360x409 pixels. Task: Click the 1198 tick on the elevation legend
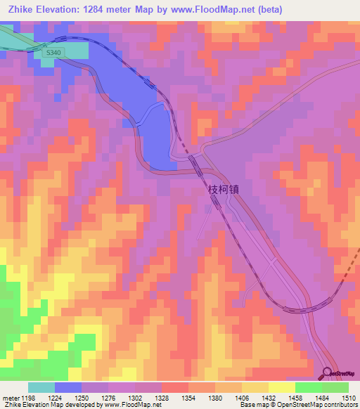click(29, 397)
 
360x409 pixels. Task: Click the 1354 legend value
click(199, 397)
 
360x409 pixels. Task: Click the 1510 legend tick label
click(347, 397)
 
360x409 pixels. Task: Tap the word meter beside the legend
click(10, 397)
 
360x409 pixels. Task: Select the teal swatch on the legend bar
click(41, 387)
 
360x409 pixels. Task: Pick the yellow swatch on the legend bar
click(281, 387)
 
